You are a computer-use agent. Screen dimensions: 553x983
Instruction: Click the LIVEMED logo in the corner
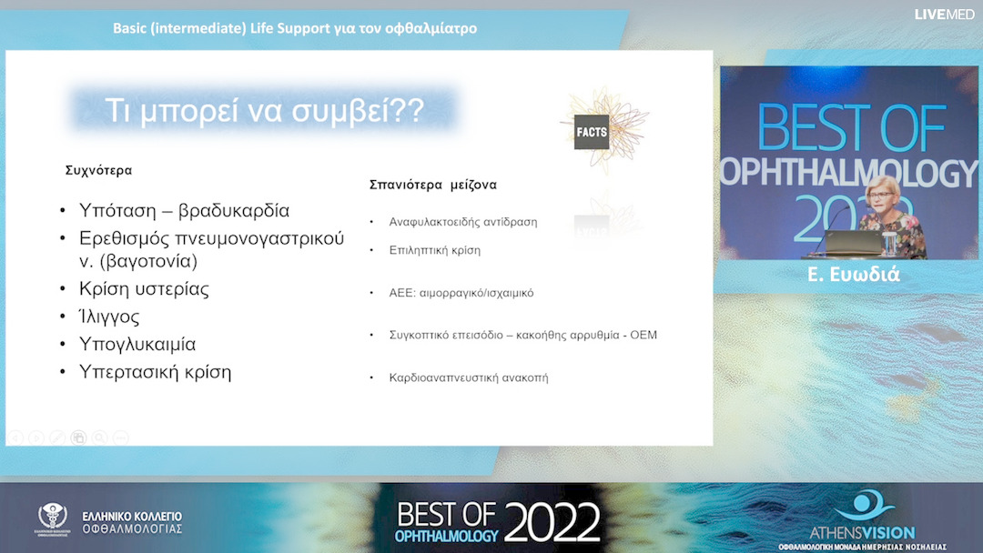click(945, 14)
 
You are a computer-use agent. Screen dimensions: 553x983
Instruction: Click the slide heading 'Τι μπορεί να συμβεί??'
click(264, 111)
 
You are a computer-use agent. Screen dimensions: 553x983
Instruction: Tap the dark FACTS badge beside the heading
click(592, 133)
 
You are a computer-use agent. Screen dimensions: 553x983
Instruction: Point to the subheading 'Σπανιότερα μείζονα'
click(432, 185)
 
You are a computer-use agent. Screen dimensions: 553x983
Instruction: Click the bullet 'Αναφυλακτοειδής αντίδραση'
click(462, 222)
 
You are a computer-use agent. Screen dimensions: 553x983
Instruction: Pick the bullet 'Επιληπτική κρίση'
click(434, 250)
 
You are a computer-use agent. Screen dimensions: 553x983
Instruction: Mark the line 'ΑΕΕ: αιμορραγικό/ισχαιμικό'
click(461, 293)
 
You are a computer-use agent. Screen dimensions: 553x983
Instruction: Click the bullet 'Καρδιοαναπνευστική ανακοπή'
click(468, 377)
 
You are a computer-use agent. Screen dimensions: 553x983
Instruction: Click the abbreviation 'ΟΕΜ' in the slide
click(643, 335)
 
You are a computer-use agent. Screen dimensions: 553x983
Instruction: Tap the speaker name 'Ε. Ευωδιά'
click(853, 274)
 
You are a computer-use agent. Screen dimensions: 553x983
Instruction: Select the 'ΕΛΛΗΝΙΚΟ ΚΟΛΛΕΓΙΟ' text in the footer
click(132, 516)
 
